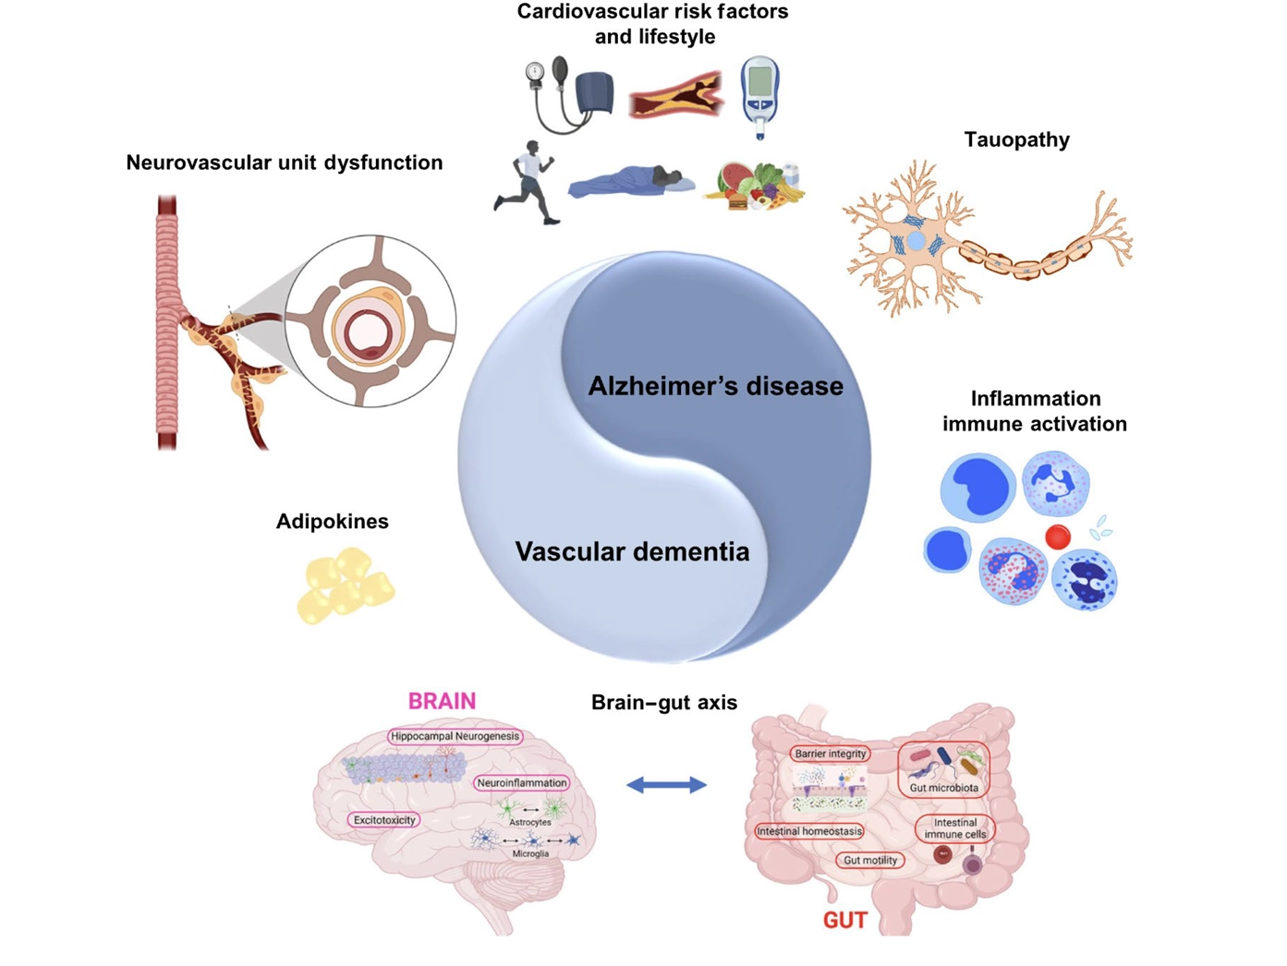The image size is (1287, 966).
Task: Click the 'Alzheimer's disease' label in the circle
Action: pos(715,386)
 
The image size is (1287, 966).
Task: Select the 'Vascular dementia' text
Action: pos(632,551)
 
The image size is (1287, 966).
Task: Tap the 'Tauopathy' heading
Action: pos(1016,139)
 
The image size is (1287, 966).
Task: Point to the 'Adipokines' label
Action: pos(332,521)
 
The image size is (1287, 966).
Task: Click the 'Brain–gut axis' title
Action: pos(663,702)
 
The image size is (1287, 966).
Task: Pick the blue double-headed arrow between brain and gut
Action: pos(666,785)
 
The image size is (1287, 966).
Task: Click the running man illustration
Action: pos(528,182)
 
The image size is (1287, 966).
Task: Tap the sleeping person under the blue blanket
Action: pos(632,182)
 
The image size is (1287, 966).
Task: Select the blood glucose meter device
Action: pos(759,95)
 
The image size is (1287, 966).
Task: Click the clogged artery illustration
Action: pos(675,96)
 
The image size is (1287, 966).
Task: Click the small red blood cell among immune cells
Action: pos(1057,536)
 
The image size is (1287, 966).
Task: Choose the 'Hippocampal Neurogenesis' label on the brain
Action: pos(455,736)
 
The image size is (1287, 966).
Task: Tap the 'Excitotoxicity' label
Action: pos(384,819)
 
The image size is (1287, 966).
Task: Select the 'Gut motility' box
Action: pos(869,860)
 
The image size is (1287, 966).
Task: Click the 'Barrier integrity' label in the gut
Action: pos(830,754)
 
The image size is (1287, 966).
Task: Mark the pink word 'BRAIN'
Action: pos(442,701)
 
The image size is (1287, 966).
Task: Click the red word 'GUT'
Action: pos(844,920)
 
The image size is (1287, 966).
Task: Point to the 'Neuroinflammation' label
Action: pos(521,782)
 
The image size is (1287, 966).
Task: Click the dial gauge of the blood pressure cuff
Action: pos(535,72)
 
